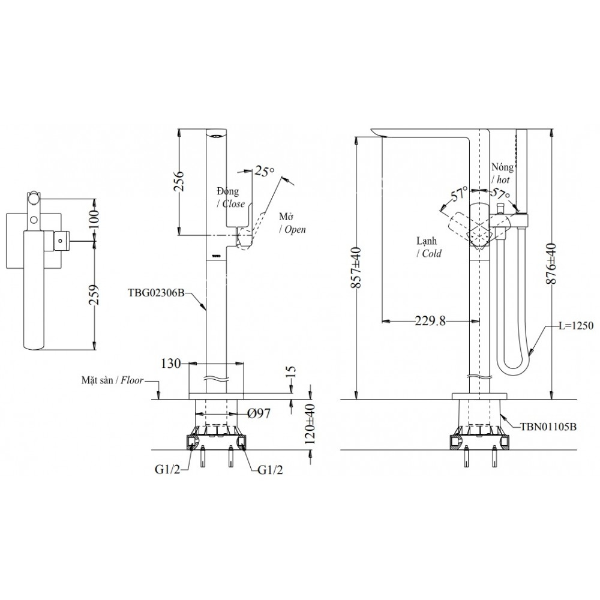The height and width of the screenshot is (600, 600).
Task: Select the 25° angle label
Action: (264, 171)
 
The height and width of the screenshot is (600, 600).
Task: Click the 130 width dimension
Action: (171, 364)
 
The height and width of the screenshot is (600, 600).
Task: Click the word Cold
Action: (431, 254)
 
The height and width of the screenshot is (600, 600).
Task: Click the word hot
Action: (503, 179)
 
